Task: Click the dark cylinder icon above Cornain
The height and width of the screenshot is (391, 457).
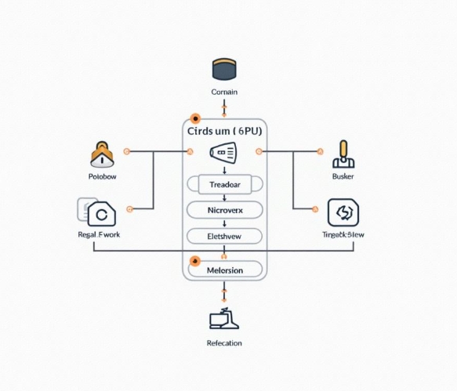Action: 224,69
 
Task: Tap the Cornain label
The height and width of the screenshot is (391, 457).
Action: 224,92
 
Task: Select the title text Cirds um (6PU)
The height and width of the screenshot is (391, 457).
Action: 224,131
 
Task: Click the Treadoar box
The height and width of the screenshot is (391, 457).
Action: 226,184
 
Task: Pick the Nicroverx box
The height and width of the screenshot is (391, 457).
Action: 226,210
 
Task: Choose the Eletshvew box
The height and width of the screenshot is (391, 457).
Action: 226,235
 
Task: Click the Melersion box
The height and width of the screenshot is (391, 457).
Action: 226,270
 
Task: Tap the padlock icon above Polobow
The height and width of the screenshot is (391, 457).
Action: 102,154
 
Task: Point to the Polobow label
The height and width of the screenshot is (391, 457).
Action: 102,177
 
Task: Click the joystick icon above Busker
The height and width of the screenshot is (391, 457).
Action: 343,154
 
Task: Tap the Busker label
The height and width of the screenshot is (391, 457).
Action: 343,178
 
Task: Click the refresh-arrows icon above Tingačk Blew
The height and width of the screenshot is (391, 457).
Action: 343,212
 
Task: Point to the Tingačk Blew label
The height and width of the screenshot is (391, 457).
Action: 343,235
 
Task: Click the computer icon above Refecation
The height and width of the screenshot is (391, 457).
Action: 224,318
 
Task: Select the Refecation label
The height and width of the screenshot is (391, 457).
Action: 224,343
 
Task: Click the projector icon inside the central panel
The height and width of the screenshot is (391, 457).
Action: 223,153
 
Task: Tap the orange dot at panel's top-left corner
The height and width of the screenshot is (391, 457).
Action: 195,118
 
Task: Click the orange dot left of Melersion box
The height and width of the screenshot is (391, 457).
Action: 195,261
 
